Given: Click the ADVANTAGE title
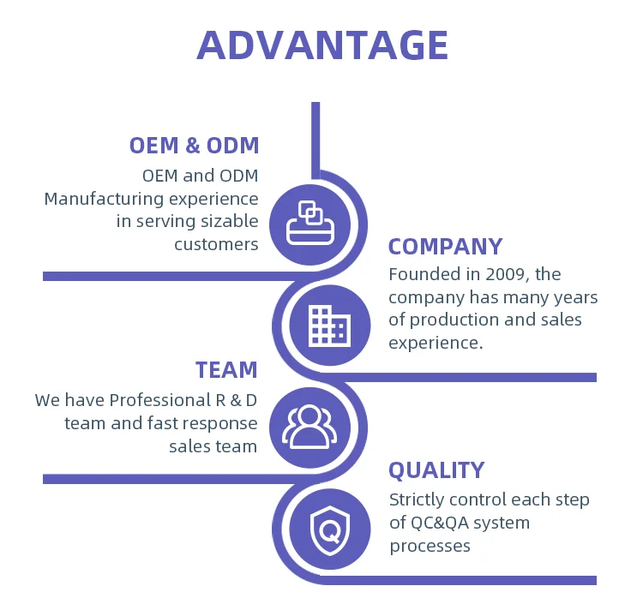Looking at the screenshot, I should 322,45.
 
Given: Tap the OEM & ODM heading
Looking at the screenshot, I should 194,145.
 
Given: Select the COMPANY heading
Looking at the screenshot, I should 445,247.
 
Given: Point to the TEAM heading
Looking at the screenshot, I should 226,370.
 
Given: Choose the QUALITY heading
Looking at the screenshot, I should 436,470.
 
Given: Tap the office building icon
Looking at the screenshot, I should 328,326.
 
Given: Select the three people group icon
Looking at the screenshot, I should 309,426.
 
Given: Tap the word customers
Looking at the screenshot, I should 216,244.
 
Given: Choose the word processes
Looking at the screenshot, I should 430,546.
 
